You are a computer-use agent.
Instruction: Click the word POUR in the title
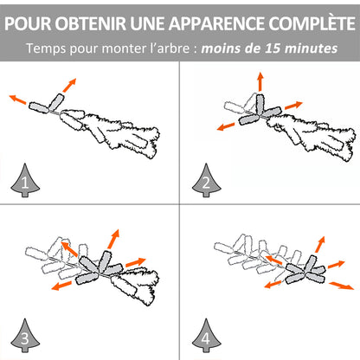point(28,23)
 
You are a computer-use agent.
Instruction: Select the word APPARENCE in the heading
point(216,23)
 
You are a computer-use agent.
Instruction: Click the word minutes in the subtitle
point(311,48)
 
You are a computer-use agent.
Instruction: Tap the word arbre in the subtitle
point(173,48)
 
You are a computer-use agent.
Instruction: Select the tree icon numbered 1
point(25,181)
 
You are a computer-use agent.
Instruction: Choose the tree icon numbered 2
point(206,181)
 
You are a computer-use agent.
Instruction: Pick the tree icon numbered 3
point(25,336)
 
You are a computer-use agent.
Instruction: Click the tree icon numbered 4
point(206,336)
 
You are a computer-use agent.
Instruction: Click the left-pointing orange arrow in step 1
point(17,99)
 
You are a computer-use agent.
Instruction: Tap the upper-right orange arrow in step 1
point(69,85)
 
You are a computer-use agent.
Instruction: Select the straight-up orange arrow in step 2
point(260,81)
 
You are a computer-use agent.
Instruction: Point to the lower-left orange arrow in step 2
point(226,126)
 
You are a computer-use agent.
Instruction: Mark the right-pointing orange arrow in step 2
point(293,106)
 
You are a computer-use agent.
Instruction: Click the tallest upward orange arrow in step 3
point(113,239)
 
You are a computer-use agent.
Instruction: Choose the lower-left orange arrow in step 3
point(61,286)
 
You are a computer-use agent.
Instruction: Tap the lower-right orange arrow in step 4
point(342,286)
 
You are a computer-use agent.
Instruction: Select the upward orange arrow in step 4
point(320,244)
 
